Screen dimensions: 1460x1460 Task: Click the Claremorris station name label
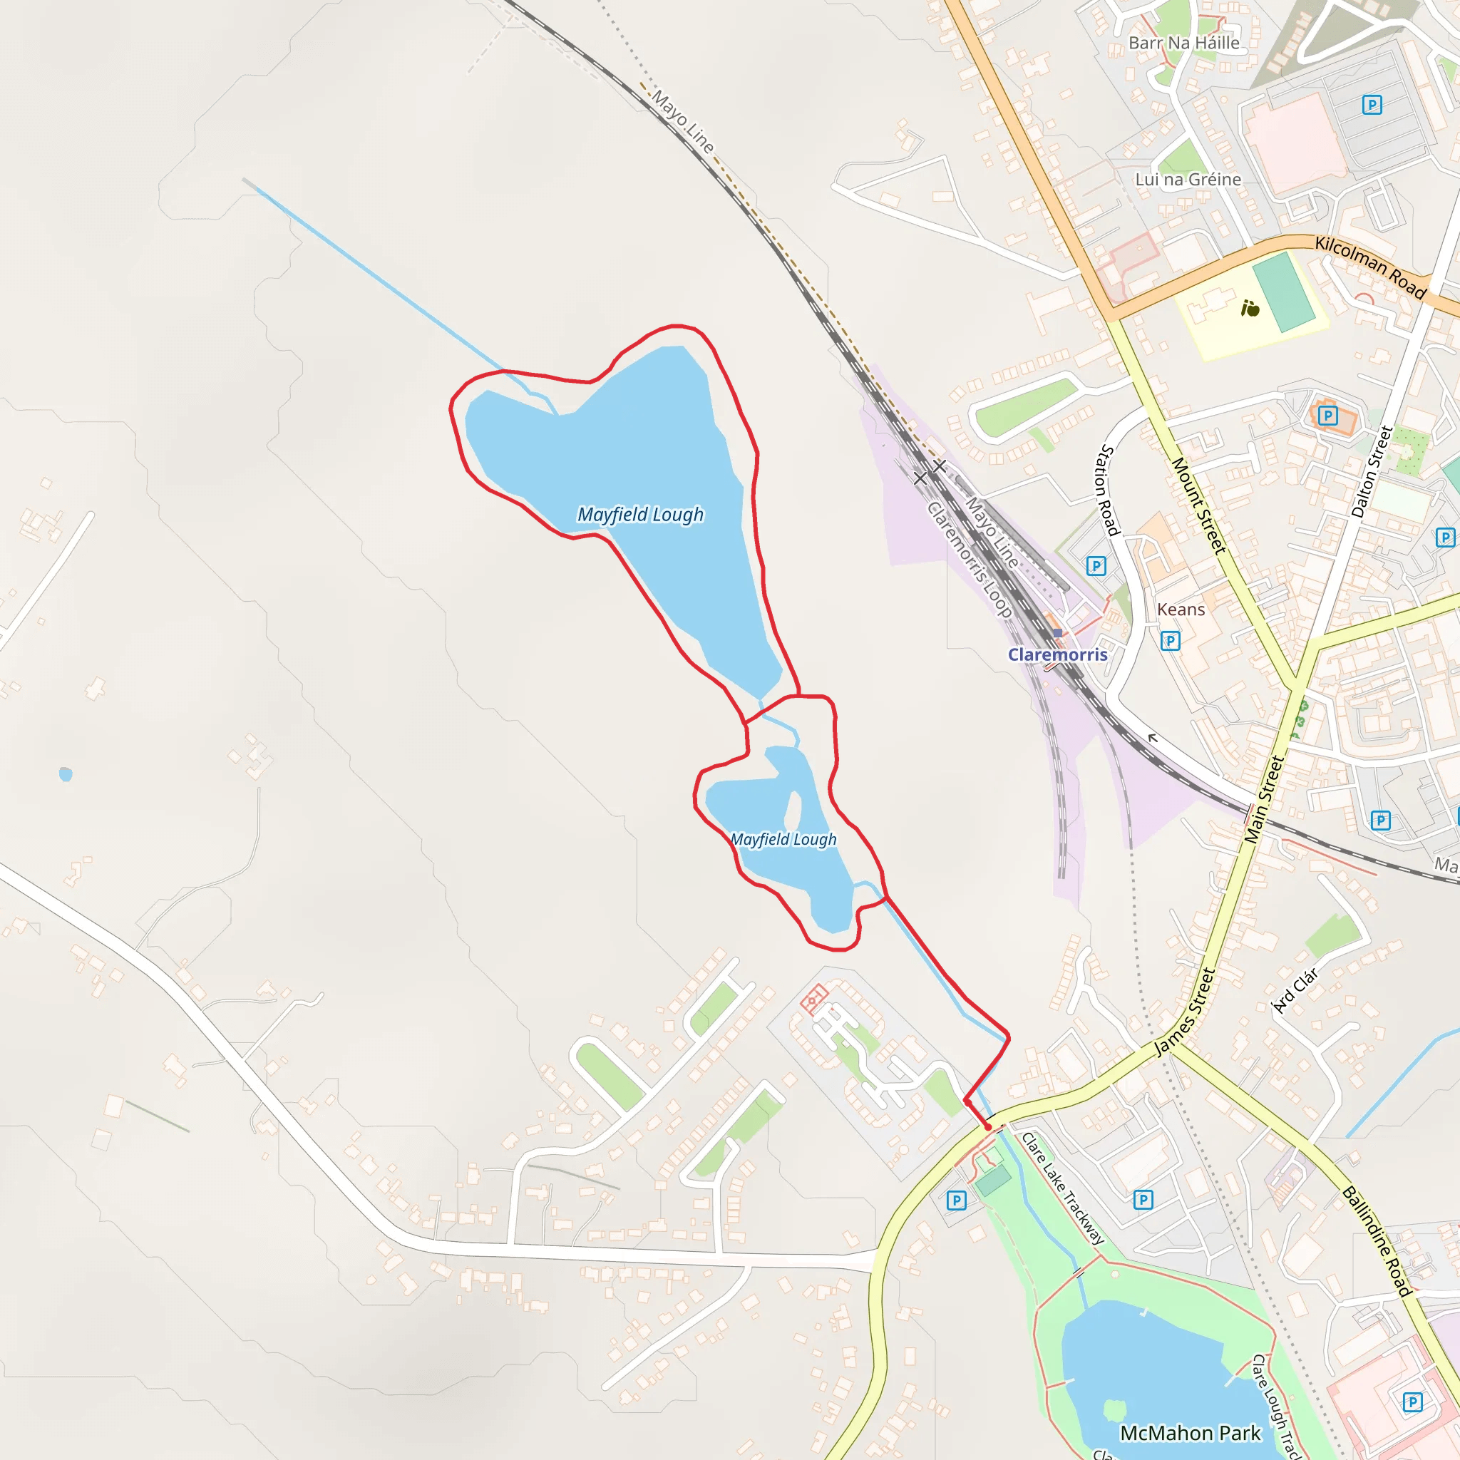[x=1057, y=654]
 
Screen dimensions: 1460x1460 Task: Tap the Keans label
[x=1181, y=609]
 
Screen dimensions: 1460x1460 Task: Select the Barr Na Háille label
[x=1184, y=43]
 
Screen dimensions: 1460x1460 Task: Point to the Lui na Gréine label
[x=1188, y=180]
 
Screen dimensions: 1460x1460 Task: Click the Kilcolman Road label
[x=1371, y=267]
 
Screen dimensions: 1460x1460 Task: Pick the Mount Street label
[x=1198, y=505]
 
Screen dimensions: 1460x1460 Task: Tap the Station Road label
[x=1107, y=490]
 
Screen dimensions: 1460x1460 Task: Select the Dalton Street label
[x=1372, y=471]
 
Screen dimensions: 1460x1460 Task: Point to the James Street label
[x=1184, y=1012]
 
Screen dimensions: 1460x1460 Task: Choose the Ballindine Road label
[x=1377, y=1242]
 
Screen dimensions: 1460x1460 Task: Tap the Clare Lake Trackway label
[x=1062, y=1188]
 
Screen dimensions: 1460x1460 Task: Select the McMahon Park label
[x=1191, y=1434]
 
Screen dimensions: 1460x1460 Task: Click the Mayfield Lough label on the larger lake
[x=640, y=515]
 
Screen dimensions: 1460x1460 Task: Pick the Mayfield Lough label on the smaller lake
[x=783, y=840]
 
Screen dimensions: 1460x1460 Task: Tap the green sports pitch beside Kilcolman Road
[x=1283, y=292]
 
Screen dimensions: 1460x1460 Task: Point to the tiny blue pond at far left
[x=66, y=773]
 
